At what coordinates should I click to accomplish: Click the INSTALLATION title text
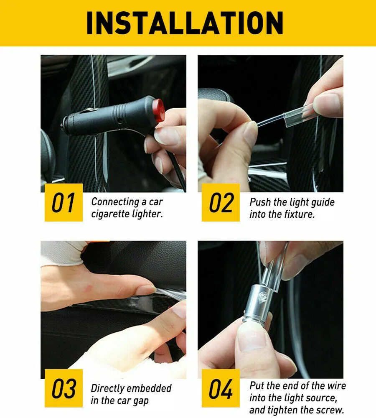[185, 23]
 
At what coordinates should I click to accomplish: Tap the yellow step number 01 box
[64, 202]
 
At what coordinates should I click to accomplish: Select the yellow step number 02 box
[221, 202]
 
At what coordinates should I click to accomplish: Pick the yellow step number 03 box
[64, 388]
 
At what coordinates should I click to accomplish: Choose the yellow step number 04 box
[221, 388]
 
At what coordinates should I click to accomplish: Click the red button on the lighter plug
[159, 110]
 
